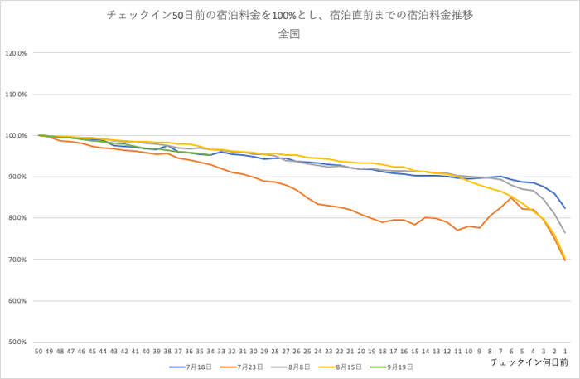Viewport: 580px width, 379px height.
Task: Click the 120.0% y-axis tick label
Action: click(x=17, y=54)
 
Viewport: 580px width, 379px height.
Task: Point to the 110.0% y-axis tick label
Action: click(x=17, y=95)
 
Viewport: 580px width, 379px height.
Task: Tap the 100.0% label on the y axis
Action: click(x=17, y=136)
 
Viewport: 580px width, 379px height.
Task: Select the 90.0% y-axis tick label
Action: click(x=17, y=177)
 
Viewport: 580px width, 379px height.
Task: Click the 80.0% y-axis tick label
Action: click(x=17, y=218)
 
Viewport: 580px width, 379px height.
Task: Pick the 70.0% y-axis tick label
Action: click(x=17, y=260)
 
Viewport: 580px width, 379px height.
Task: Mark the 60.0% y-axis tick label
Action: click(x=17, y=300)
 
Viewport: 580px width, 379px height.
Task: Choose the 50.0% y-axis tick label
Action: click(x=17, y=342)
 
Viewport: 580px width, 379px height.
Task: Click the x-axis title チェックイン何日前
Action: click(x=529, y=362)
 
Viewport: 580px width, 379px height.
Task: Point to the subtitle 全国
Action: click(x=289, y=35)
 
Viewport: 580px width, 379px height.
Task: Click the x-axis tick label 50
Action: click(x=39, y=352)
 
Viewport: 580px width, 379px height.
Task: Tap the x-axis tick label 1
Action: click(x=565, y=352)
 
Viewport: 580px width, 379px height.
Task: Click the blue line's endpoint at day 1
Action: click(x=565, y=208)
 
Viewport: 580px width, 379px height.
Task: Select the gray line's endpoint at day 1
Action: click(x=565, y=233)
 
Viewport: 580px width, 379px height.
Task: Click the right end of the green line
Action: click(x=210, y=155)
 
